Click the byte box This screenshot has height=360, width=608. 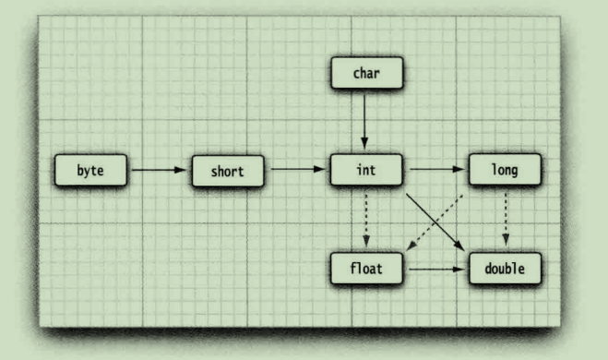[90, 171]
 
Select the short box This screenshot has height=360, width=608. [228, 171]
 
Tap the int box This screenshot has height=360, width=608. [364, 171]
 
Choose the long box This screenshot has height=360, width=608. [504, 171]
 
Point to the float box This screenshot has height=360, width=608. [365, 270]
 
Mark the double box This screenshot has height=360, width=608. [504, 270]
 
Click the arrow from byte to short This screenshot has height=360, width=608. [159, 171]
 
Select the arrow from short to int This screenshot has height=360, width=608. [296, 171]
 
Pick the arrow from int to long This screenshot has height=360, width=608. [435, 171]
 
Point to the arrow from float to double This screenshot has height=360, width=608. [435, 270]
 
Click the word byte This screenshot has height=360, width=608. [90, 171]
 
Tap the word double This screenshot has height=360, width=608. [504, 270]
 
